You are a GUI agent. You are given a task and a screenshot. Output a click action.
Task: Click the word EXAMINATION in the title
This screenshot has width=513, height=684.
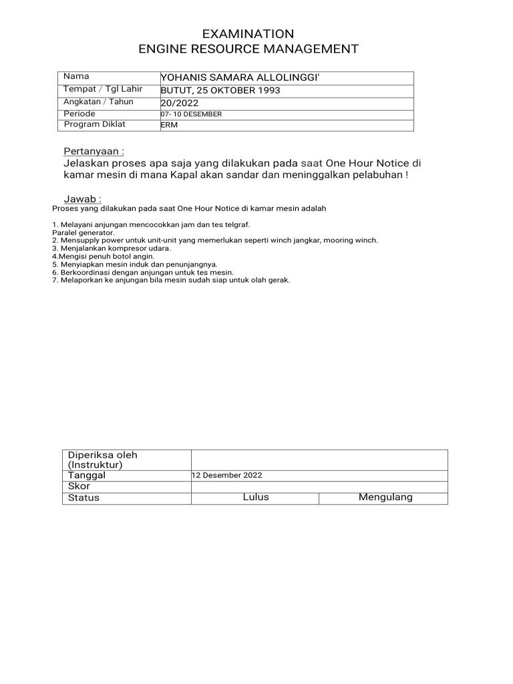point(248,34)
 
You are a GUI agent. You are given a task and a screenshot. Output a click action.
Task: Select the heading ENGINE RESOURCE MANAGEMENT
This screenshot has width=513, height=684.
point(248,49)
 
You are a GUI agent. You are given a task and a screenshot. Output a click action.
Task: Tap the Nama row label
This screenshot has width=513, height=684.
point(75,77)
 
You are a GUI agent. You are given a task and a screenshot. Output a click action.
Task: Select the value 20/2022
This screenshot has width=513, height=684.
point(180,103)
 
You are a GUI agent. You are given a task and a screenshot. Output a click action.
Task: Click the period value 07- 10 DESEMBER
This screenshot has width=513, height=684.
point(191,114)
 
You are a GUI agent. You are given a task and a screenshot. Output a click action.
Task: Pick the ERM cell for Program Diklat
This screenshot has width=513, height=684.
point(165,126)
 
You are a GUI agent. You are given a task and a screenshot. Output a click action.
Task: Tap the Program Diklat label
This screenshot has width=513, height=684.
point(94,124)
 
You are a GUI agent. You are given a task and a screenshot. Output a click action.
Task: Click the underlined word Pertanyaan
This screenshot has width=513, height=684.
point(94,152)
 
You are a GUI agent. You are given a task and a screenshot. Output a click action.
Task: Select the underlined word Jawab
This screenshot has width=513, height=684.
point(82,199)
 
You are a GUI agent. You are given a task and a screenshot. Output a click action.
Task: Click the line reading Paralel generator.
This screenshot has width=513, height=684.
point(83,232)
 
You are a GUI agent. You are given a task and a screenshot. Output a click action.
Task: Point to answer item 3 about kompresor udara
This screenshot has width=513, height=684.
point(111,248)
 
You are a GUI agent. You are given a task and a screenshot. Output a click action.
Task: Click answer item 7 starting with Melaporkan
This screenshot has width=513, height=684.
point(171,280)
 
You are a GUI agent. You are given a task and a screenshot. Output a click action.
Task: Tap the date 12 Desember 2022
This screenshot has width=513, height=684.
point(226,476)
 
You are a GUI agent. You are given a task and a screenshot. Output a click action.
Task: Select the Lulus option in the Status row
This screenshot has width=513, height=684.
point(256,498)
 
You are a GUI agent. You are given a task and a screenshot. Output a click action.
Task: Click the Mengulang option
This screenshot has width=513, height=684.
point(385,498)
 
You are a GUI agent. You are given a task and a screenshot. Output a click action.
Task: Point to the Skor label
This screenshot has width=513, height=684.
point(79,487)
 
